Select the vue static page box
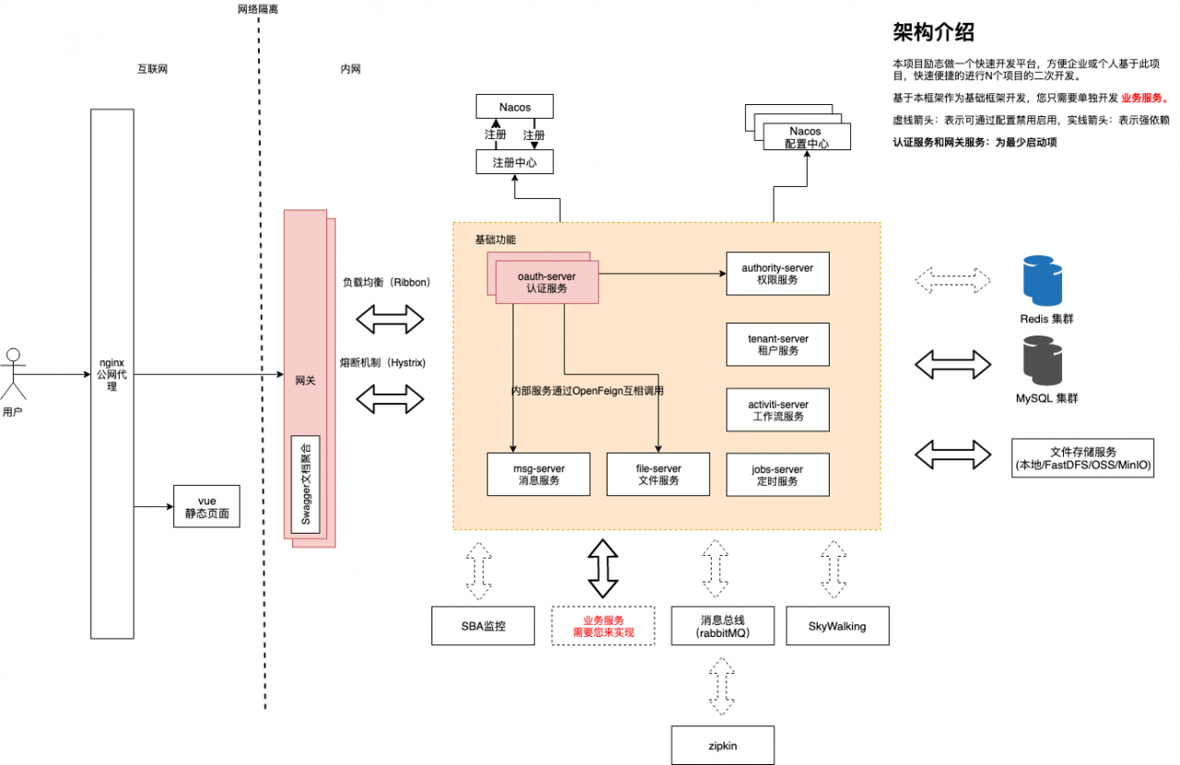(x=206, y=506)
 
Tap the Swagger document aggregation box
(x=306, y=483)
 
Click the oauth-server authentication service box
(x=547, y=282)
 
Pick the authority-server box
(x=777, y=274)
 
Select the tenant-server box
(x=777, y=345)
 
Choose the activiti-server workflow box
(x=777, y=410)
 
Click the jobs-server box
(x=777, y=475)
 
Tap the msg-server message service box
(x=538, y=475)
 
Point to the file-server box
(x=658, y=475)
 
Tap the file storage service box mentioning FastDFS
(x=1082, y=458)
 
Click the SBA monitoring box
(x=484, y=626)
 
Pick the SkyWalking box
(x=837, y=626)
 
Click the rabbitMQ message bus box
(x=723, y=626)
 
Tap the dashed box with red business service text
(x=603, y=626)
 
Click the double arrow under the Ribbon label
(x=389, y=320)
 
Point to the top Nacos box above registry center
(x=515, y=106)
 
